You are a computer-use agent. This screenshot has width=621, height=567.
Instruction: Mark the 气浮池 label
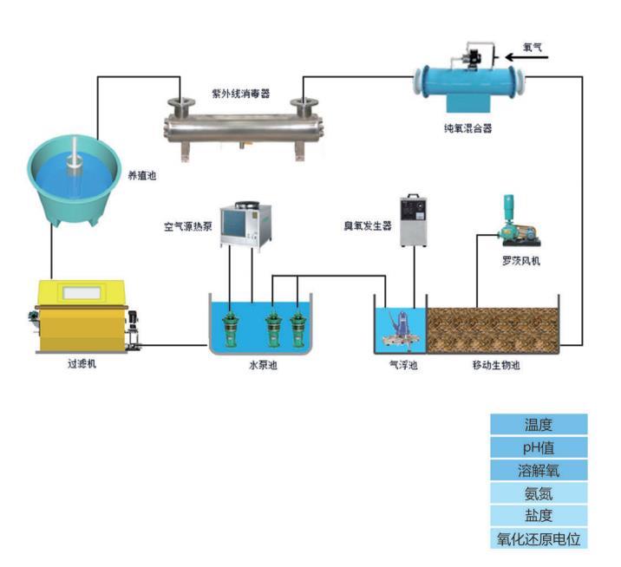[403, 366]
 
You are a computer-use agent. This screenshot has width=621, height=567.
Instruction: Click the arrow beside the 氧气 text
[520, 57]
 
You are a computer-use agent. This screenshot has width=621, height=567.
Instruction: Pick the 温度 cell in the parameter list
[538, 425]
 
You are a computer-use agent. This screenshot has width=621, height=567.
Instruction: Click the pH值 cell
[538, 447]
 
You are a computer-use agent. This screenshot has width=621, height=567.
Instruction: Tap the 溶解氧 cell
[538, 470]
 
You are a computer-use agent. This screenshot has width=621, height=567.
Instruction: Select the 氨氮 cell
[538, 493]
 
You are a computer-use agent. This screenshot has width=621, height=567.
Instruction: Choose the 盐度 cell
[538, 516]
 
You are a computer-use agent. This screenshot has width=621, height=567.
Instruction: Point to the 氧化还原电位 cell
[538, 538]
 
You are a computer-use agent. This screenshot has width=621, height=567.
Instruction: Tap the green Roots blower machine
[514, 224]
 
